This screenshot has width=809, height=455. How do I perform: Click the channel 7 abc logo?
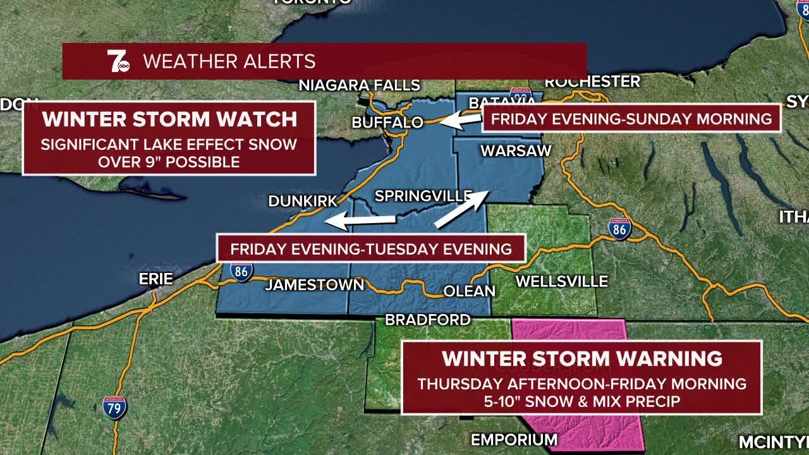(118, 61)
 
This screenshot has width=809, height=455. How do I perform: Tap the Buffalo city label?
(387, 123)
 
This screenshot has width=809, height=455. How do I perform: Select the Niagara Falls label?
(359, 85)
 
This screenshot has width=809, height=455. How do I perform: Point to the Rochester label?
(592, 82)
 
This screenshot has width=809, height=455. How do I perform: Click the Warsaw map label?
(516, 151)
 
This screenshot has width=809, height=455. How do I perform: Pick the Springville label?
(423, 197)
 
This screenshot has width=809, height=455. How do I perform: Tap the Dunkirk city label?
(303, 201)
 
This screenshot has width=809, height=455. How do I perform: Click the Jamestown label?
(315, 285)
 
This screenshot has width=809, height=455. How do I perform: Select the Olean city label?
(469, 291)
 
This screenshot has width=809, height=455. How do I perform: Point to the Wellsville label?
(561, 282)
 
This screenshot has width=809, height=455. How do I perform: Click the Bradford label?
(428, 320)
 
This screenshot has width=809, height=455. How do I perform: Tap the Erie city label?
(155, 279)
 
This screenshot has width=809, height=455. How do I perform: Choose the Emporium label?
(514, 439)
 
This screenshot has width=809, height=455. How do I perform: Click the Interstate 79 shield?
(114, 408)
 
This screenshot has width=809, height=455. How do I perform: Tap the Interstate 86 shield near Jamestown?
(241, 272)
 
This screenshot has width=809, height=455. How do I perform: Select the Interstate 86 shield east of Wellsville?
(620, 229)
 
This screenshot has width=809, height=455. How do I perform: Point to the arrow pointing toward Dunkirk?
(360, 221)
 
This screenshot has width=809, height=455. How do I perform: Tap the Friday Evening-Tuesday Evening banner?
(371, 248)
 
